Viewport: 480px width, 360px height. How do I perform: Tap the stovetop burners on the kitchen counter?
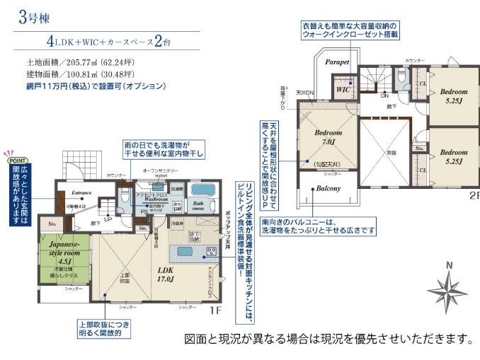pyautogui.click(x=210, y=252)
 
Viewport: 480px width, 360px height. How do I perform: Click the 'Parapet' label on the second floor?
pyautogui.click(x=338, y=62)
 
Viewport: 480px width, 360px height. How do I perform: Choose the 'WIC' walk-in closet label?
pyautogui.click(x=343, y=91)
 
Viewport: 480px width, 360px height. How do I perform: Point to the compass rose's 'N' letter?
pyautogui.click(x=448, y=265)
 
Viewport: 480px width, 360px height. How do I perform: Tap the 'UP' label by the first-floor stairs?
pyautogui.click(x=108, y=219)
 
